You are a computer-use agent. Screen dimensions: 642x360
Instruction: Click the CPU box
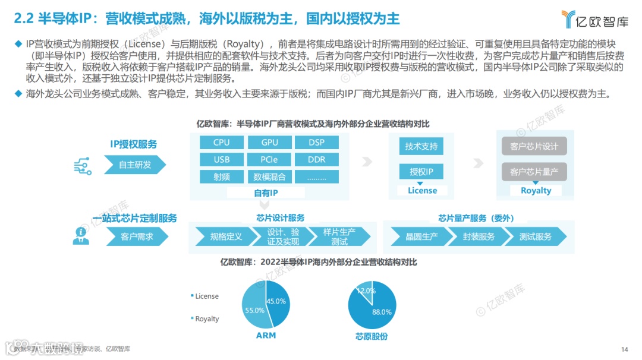pyautogui.click(x=221, y=143)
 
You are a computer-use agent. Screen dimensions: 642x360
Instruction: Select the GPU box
pyautogui.click(x=269, y=143)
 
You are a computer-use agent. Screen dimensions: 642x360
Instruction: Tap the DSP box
pyautogui.click(x=316, y=143)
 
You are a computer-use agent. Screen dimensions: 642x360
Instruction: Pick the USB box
pyautogui.click(x=221, y=160)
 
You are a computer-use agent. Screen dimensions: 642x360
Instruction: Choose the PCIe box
pyautogui.click(x=269, y=160)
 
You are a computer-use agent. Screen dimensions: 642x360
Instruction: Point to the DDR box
pyautogui.click(x=316, y=160)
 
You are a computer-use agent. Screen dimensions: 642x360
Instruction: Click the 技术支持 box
pyautogui.click(x=421, y=147)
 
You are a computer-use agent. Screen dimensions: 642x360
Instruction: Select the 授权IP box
pyautogui.click(x=421, y=172)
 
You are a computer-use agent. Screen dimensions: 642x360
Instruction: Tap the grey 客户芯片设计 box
pyautogui.click(x=534, y=147)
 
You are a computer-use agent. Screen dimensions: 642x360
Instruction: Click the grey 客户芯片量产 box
pyautogui.click(x=534, y=172)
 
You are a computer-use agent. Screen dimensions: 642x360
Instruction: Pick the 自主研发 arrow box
pyautogui.click(x=134, y=165)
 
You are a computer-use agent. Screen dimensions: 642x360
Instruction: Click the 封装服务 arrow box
pyautogui.click(x=479, y=236)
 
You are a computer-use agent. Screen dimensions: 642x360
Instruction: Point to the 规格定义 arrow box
pyautogui.click(x=225, y=236)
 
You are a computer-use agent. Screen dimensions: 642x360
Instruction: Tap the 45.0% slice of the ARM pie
pyautogui.click(x=277, y=303)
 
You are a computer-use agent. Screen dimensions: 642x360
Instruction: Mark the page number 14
pyautogui.click(x=624, y=349)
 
